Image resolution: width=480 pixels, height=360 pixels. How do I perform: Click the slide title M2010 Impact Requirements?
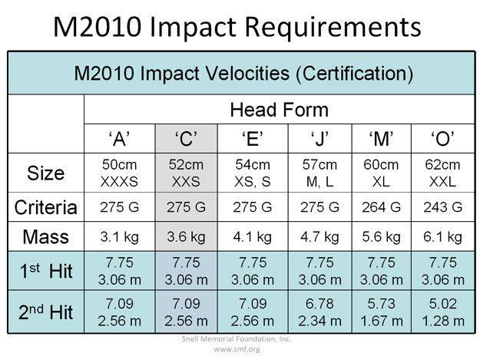pos(237,26)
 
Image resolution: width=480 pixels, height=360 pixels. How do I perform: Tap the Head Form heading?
pos(279,109)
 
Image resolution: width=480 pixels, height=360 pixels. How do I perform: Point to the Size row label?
pos(46,173)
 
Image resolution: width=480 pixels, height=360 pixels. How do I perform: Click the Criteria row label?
pos(46,207)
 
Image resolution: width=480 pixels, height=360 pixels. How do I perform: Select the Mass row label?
pos(46,236)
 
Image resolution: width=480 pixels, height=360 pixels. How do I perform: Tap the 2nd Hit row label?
pos(46,312)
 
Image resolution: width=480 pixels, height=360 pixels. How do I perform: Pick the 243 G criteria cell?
pos(443,207)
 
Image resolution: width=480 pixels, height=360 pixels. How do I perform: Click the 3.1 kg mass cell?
pos(119,236)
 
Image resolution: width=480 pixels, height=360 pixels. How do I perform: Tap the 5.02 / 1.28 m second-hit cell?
pos(443,312)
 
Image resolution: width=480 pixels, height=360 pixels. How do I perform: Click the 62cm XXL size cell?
pos(443,173)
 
